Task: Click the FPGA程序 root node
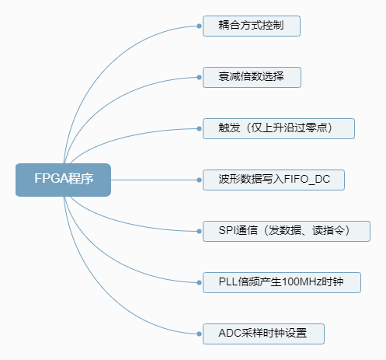point(63,180)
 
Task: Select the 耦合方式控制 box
point(252,26)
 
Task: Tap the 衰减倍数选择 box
point(252,77)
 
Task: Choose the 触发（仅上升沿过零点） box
point(279,128)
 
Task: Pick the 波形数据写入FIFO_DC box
point(273,180)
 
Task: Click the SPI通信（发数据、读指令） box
point(287,231)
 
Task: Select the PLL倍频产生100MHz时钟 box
point(282,282)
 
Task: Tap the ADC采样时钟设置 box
point(263,334)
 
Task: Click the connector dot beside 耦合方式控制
point(199,26)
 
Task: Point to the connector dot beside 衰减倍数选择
point(199,77)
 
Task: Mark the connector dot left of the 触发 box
point(199,128)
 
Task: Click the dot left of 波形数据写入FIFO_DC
point(199,180)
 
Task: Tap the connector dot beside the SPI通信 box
point(199,231)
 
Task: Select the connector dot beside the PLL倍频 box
point(199,282)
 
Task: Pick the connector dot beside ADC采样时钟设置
point(199,334)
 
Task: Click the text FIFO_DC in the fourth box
point(307,180)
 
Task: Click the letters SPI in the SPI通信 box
point(227,230)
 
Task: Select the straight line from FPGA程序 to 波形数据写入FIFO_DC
point(154,180)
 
